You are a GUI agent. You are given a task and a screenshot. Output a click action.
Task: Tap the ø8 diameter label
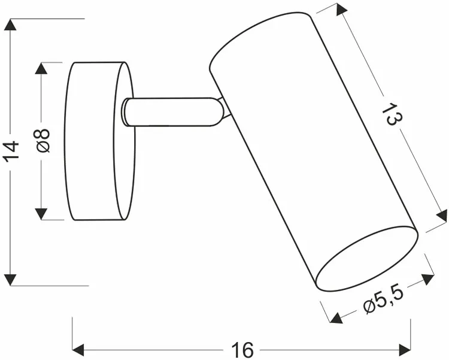pos(42,140)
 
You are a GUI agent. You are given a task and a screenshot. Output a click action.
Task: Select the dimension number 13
pos(392,114)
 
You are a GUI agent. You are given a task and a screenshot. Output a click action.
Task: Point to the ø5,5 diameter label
pos(383,300)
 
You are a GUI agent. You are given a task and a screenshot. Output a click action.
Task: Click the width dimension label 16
pos(242,350)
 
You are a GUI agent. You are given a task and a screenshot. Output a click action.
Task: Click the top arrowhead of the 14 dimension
pos(11,25)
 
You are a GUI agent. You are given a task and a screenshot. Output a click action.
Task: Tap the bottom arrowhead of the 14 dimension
pos(11,280)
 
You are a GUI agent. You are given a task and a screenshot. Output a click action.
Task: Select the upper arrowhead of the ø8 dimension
pos(41,68)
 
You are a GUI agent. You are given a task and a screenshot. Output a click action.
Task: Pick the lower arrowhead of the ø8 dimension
pos(41,214)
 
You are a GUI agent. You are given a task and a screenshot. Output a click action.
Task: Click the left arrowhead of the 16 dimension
pos(78,350)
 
